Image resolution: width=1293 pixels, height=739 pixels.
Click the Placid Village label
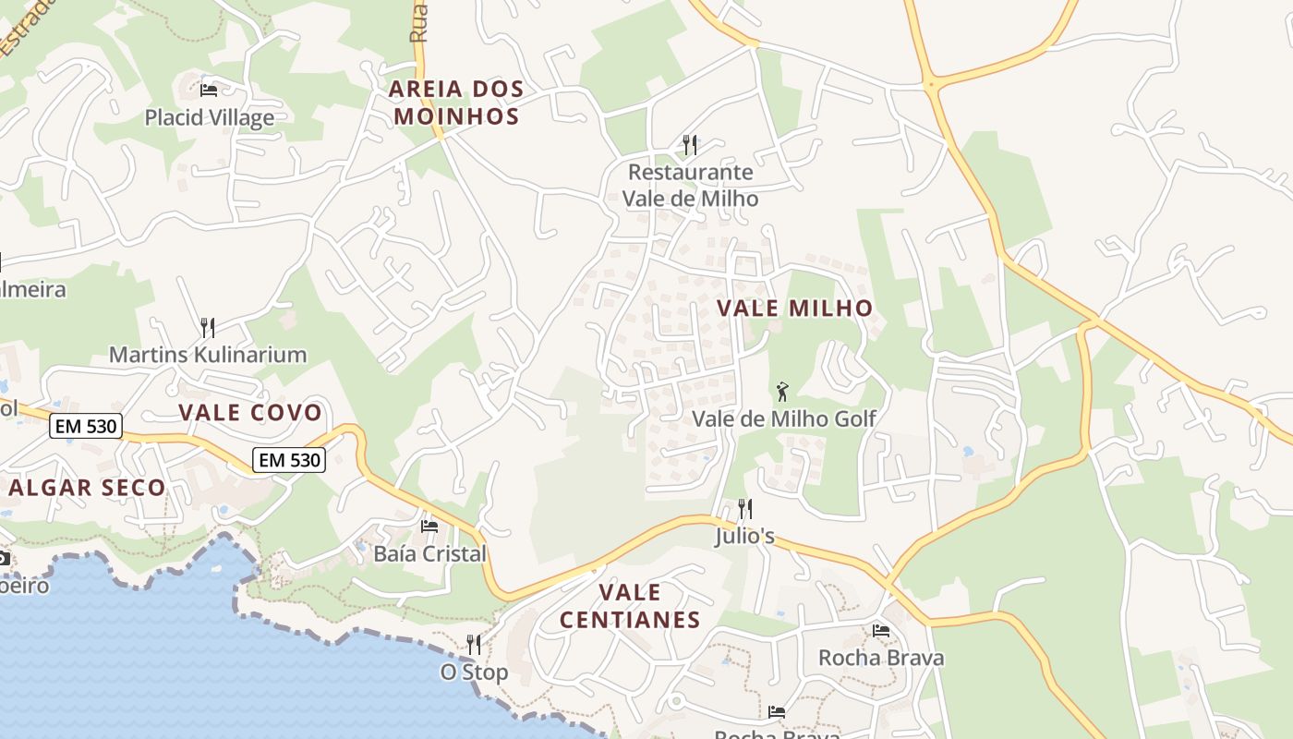click(x=209, y=117)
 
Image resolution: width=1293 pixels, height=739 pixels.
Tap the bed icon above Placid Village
click(x=209, y=90)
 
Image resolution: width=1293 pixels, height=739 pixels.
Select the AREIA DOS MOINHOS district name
click(x=456, y=103)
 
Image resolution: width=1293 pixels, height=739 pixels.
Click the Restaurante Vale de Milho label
click(x=690, y=185)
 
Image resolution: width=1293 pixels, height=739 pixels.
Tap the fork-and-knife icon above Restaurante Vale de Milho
click(x=689, y=144)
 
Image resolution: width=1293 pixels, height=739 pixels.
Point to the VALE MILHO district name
click(x=795, y=308)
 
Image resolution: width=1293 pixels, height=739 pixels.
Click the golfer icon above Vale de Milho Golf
click(x=782, y=392)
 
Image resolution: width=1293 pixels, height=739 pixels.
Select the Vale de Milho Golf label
click(x=784, y=418)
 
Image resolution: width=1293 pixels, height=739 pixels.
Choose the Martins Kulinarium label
click(x=208, y=354)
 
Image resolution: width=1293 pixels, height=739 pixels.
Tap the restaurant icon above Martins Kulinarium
click(x=208, y=327)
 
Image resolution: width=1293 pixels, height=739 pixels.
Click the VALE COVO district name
click(x=250, y=412)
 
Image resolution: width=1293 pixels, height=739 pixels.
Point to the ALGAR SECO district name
click(x=87, y=487)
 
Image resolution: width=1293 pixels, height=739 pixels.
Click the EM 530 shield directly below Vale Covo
click(x=289, y=459)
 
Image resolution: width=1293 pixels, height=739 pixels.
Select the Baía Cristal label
click(x=429, y=553)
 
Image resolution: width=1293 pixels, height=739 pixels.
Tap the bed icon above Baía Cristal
click(x=429, y=527)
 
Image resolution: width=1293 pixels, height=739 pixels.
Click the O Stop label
click(x=474, y=672)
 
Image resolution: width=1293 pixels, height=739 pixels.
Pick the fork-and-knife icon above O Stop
click(x=474, y=644)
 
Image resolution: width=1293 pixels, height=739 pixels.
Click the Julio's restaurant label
click(x=744, y=536)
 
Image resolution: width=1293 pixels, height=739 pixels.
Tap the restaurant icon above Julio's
click(x=744, y=508)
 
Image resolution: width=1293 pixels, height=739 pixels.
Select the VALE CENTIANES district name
click(x=630, y=605)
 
